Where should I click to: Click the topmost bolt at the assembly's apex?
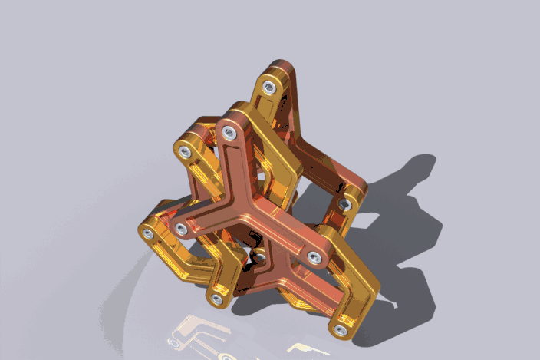pos(268,88)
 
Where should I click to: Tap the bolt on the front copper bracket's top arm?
pos(228,134)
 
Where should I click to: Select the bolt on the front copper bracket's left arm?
pos(181,229)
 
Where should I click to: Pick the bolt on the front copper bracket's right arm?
pos(314,257)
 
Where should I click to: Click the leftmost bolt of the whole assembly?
pos(147,233)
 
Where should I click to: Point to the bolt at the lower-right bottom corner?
pos(340,330)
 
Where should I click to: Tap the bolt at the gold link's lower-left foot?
pos(216,299)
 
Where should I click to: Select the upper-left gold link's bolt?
pos(185,152)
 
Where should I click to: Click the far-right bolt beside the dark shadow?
pos(345,204)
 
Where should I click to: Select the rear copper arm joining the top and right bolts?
pos(318,165)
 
